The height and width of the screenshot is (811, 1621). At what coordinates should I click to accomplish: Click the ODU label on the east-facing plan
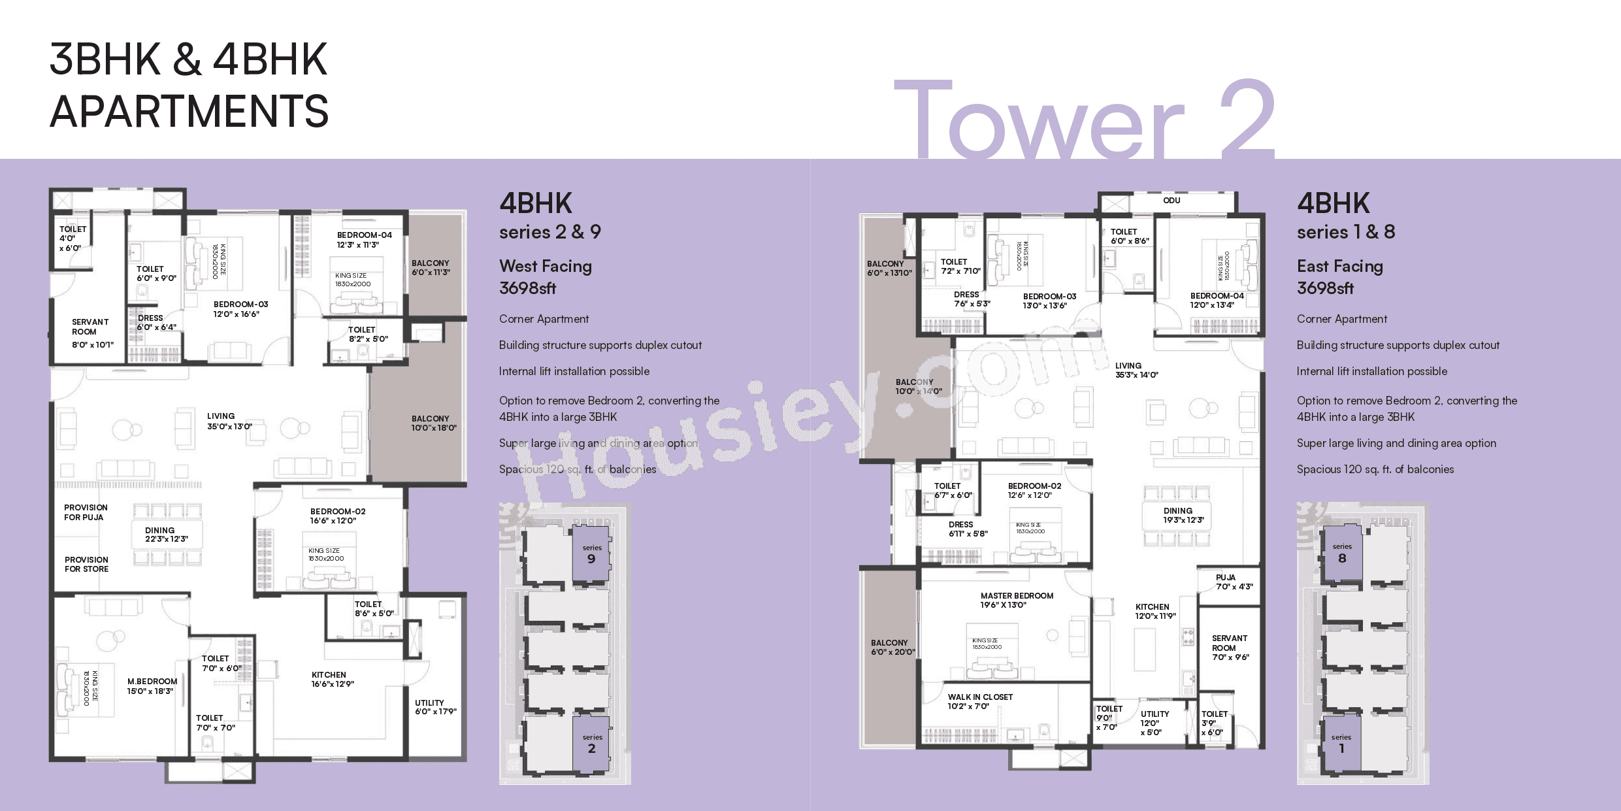(x=1171, y=201)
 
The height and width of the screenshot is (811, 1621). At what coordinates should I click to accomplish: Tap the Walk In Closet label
(x=980, y=701)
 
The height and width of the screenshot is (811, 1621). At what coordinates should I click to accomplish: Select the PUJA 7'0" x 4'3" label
(x=1234, y=582)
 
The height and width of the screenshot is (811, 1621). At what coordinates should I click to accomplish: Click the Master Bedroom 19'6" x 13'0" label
(x=1016, y=600)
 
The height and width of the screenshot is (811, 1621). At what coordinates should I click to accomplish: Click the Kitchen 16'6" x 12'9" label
(x=332, y=679)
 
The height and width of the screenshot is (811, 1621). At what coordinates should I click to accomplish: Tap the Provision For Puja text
(x=85, y=512)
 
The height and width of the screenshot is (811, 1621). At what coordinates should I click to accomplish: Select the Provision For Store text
(x=86, y=564)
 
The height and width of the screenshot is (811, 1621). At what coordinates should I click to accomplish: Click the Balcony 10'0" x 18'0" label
(x=433, y=423)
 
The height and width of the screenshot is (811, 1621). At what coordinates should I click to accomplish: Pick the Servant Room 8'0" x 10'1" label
(x=91, y=333)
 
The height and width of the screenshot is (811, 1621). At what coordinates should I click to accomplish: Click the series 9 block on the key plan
(x=591, y=554)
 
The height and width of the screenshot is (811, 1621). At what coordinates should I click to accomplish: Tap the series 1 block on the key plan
(x=1341, y=744)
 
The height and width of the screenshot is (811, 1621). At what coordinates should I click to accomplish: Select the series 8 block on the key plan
(x=1341, y=554)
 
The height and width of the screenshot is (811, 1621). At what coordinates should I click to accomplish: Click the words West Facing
(x=545, y=266)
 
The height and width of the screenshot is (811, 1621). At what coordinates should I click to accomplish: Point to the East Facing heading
(x=1339, y=266)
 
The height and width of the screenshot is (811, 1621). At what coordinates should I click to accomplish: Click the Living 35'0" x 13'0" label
(x=229, y=421)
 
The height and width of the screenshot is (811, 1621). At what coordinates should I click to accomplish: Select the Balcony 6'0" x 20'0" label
(x=892, y=647)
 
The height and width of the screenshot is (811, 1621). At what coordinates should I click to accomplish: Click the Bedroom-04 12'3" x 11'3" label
(x=364, y=240)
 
